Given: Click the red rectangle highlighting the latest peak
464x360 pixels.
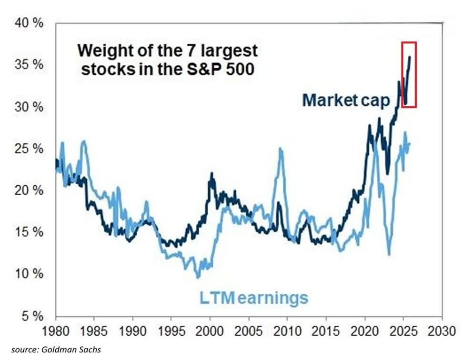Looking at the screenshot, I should [409, 74].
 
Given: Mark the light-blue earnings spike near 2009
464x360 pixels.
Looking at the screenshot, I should [281, 150].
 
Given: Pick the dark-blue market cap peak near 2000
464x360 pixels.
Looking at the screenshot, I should [211, 174].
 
